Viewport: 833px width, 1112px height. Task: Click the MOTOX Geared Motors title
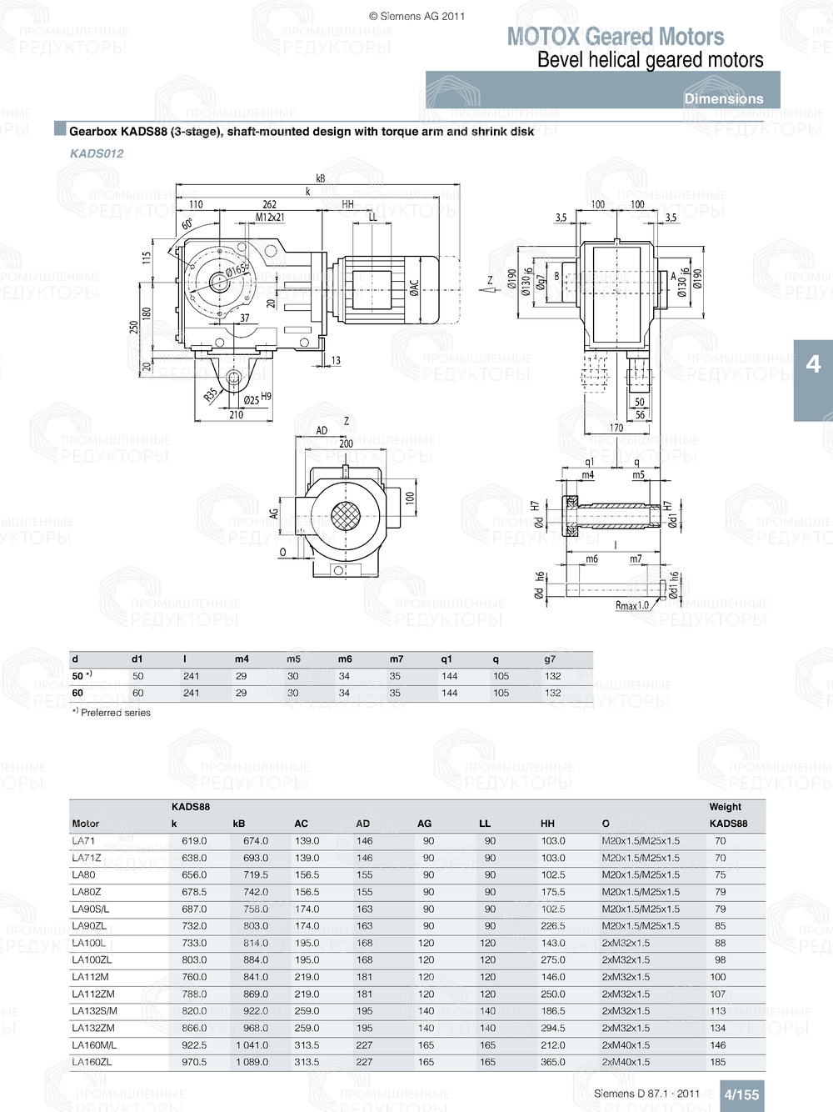(x=616, y=37)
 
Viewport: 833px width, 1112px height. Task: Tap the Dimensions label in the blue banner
(x=723, y=98)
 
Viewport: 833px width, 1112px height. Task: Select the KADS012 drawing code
(x=97, y=153)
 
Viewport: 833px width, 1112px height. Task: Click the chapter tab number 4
(x=813, y=364)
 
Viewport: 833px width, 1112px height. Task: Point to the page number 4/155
(x=741, y=1094)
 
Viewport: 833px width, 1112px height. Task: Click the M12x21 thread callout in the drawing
(x=270, y=218)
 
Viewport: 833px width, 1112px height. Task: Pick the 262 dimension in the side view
(x=269, y=204)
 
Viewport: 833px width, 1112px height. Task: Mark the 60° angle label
(x=187, y=224)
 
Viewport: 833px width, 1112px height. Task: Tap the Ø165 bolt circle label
(x=237, y=270)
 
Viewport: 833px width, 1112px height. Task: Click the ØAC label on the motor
(x=414, y=288)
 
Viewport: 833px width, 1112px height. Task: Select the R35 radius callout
(x=212, y=393)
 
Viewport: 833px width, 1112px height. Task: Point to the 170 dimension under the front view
(x=616, y=428)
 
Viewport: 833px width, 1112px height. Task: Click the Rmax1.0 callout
(x=631, y=605)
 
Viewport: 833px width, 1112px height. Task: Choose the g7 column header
(x=550, y=659)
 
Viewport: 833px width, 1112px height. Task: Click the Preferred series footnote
(x=112, y=713)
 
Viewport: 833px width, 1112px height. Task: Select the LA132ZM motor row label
(x=93, y=1028)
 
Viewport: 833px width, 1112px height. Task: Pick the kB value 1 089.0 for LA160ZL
(x=251, y=1062)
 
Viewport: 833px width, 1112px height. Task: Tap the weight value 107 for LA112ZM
(x=717, y=994)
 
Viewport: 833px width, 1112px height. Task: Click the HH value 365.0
(x=552, y=1062)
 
